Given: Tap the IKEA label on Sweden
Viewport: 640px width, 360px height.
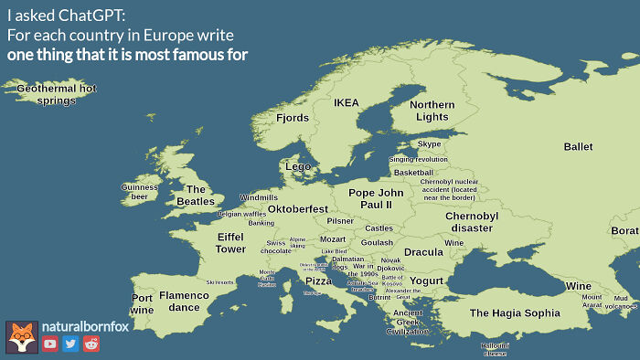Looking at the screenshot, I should coord(347,102).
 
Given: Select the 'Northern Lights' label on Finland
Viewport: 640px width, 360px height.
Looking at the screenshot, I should coord(432,111).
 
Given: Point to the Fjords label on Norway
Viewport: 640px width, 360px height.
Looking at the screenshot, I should coord(293,118).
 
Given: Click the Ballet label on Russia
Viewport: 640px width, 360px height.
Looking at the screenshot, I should coord(578,146).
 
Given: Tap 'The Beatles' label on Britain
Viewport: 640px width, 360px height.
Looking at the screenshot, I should coord(195,195).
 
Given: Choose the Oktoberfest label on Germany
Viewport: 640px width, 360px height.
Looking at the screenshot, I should coord(297,209).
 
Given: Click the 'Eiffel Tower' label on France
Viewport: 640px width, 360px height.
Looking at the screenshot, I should coord(230,242).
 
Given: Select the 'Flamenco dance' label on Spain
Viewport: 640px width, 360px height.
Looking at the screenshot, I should coord(184,301).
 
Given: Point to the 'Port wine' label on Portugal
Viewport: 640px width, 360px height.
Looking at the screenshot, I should coord(142,304).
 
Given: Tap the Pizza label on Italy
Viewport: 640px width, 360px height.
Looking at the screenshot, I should coord(318,281).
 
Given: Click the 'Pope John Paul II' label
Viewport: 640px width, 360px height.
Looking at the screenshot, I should coord(376,198).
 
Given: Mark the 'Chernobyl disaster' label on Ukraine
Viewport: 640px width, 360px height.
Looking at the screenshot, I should coord(471,221).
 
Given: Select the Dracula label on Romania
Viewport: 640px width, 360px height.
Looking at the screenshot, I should coord(422,252).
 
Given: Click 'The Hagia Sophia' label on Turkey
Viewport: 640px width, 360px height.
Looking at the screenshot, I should coord(514,312).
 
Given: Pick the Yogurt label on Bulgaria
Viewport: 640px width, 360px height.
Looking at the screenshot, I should coord(426,280).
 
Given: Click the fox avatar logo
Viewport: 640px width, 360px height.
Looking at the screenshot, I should coord(21,336).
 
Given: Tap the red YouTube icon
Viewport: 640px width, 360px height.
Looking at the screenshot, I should coord(49,344).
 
